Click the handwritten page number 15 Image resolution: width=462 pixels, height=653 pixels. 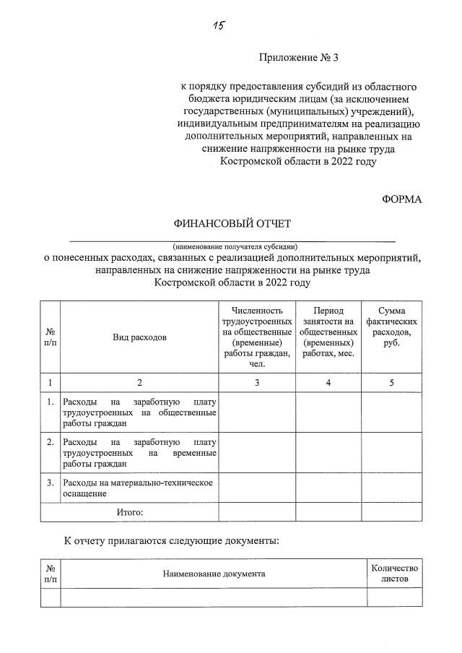click(x=220, y=26)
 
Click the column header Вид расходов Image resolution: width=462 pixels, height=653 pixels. click(x=139, y=337)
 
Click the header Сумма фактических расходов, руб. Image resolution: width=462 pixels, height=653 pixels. click(x=391, y=326)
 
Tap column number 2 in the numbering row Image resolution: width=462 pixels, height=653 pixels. click(x=139, y=383)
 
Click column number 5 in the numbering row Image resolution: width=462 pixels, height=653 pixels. click(x=391, y=383)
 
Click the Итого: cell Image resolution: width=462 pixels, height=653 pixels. click(x=130, y=511)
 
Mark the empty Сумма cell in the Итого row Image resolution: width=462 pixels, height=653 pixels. click(x=391, y=511)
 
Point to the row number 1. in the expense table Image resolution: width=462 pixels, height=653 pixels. click(x=50, y=402)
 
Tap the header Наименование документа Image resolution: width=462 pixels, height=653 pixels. click(x=214, y=574)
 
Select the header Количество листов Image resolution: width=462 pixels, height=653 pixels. click(x=394, y=574)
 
